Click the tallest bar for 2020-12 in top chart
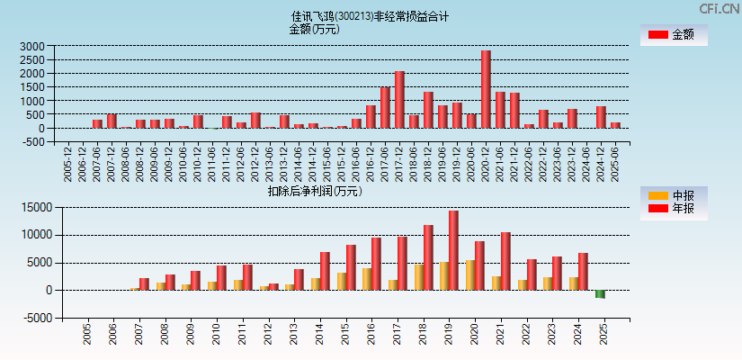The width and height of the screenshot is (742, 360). [x=486, y=89]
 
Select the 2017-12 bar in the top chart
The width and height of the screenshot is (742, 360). [x=399, y=99]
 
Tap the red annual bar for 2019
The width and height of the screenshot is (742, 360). [x=454, y=250]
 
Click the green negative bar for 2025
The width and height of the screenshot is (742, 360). [x=600, y=294]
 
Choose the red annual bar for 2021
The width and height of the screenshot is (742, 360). [x=505, y=261]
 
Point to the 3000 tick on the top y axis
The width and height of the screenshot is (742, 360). [x=32, y=46]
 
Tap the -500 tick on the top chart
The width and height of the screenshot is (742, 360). [x=33, y=141]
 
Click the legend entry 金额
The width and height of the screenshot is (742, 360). [x=674, y=35]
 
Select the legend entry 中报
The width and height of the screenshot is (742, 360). [x=674, y=195]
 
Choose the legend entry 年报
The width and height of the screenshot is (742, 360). [x=674, y=209]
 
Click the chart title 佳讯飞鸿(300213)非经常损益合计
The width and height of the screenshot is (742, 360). [x=370, y=16]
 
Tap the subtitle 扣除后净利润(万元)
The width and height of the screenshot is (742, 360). [x=314, y=191]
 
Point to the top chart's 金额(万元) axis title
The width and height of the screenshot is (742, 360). [x=314, y=29]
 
